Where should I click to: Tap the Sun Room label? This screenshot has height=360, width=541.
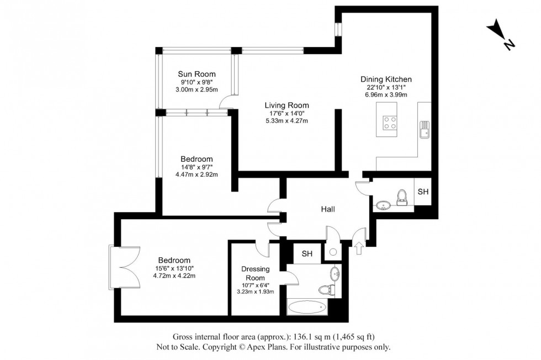[197, 74]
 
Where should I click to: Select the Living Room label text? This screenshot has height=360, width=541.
[287, 105]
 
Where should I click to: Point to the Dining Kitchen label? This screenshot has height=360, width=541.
[386, 80]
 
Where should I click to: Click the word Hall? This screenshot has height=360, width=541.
[328, 209]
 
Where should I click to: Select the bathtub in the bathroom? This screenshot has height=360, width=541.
[313, 306]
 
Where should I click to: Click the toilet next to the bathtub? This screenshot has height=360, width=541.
[328, 289]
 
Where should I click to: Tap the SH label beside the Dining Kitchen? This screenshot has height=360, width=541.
[422, 192]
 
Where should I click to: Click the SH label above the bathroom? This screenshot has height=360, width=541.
[307, 254]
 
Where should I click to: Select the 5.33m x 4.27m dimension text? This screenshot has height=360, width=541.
[287, 121]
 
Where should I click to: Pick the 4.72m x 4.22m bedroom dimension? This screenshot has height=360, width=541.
[174, 277]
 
